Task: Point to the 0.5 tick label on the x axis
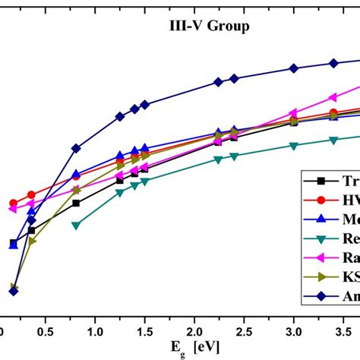[46, 332]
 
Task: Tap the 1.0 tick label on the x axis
[96, 332]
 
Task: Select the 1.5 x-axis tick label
[145, 332]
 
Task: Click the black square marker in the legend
[321, 181]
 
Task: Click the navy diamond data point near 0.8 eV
[76, 148]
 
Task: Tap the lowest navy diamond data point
[13, 291]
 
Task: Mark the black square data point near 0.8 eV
[76, 203]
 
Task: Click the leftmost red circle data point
[13, 204]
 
